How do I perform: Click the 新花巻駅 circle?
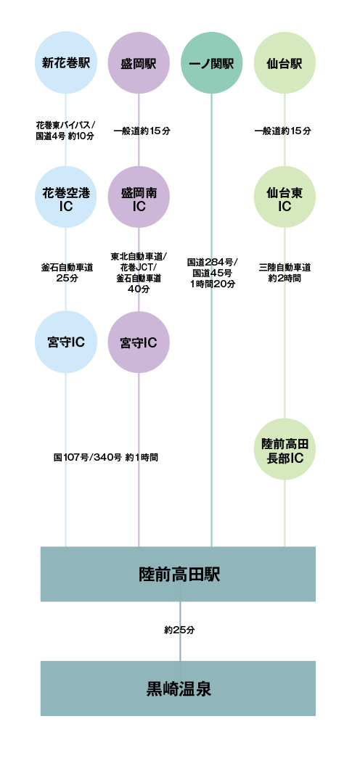click(x=65, y=62)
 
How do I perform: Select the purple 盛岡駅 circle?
click(x=139, y=62)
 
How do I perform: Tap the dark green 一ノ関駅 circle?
click(x=211, y=62)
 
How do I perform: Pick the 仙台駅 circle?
click(x=285, y=62)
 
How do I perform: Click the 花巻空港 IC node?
click(x=65, y=197)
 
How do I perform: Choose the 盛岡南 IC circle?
click(x=139, y=197)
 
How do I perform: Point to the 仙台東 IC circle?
click(x=285, y=197)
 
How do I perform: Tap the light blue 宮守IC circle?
click(x=65, y=342)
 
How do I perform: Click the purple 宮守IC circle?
click(x=139, y=342)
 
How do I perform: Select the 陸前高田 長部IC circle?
click(x=285, y=449)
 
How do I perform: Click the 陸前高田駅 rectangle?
click(x=178, y=574)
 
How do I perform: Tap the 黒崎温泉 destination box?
click(x=178, y=688)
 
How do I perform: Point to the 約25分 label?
click(x=179, y=630)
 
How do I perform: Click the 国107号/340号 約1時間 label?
click(x=105, y=457)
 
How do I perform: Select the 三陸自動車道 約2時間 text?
click(x=285, y=273)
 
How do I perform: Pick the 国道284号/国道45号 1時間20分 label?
click(x=213, y=273)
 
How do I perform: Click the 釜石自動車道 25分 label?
click(x=67, y=273)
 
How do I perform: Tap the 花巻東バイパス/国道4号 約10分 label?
click(x=65, y=131)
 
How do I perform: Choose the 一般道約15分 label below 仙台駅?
click(x=283, y=131)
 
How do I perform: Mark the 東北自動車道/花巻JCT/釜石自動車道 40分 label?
click(x=139, y=273)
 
